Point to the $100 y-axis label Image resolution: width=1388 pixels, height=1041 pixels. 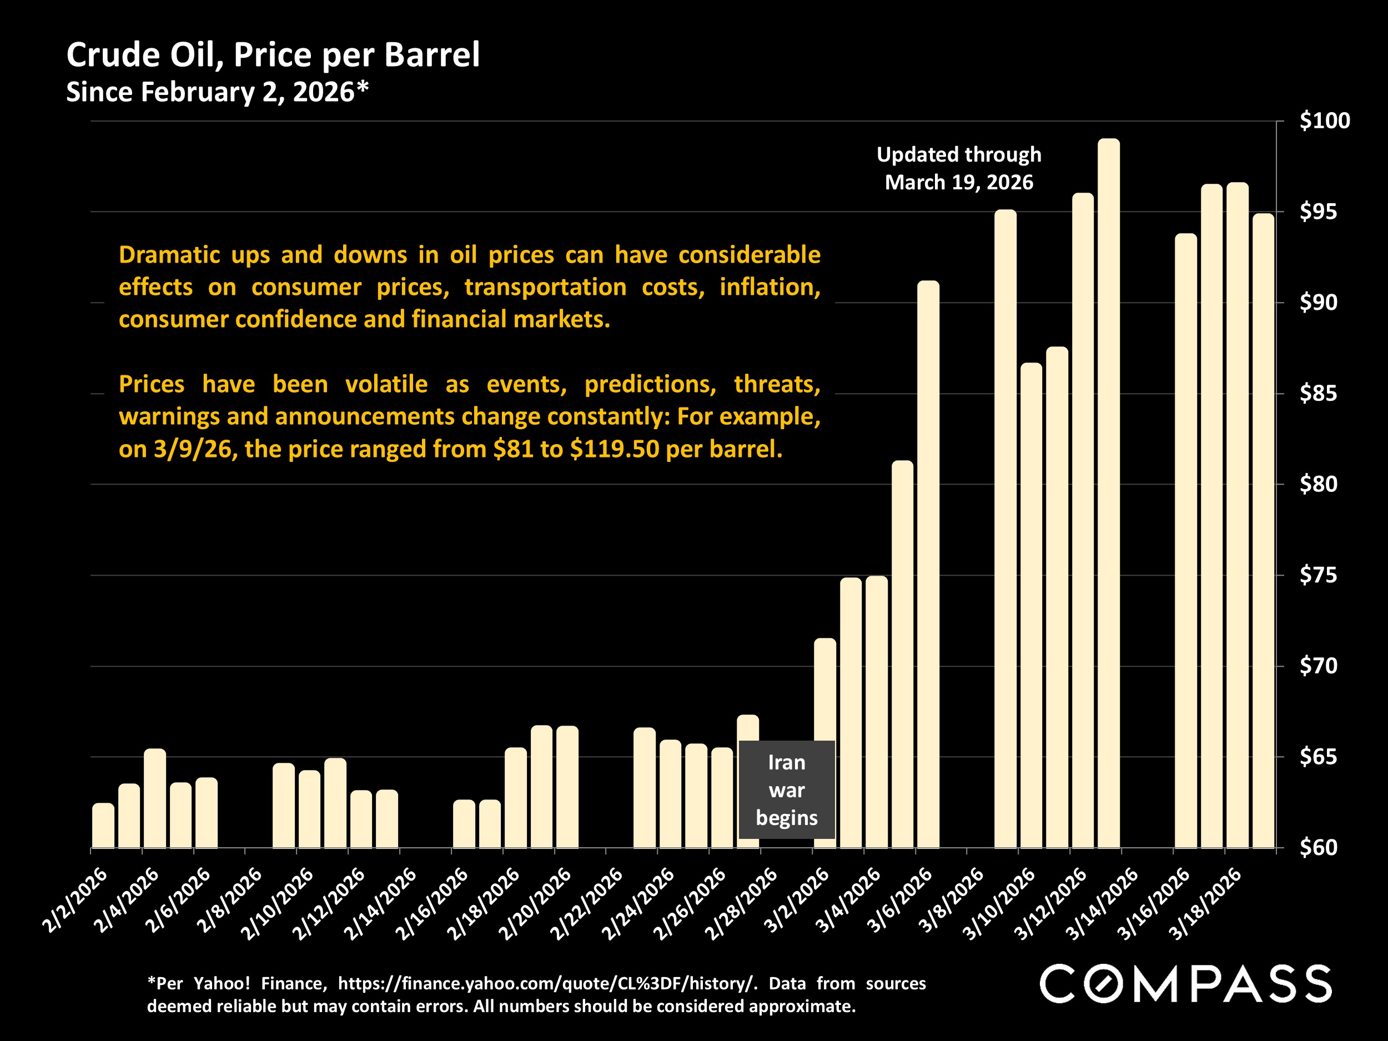point(1324,120)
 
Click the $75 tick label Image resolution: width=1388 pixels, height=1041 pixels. point(1317,575)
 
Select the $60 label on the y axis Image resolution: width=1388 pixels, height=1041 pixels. point(1317,848)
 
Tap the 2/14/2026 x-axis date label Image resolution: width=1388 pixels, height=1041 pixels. point(381,903)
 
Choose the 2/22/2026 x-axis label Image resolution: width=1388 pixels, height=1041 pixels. point(587,903)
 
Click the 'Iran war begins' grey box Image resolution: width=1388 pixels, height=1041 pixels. point(786,789)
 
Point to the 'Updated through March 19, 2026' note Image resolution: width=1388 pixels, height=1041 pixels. point(958,168)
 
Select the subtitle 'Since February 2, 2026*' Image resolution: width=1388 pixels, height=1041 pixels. point(217,92)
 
